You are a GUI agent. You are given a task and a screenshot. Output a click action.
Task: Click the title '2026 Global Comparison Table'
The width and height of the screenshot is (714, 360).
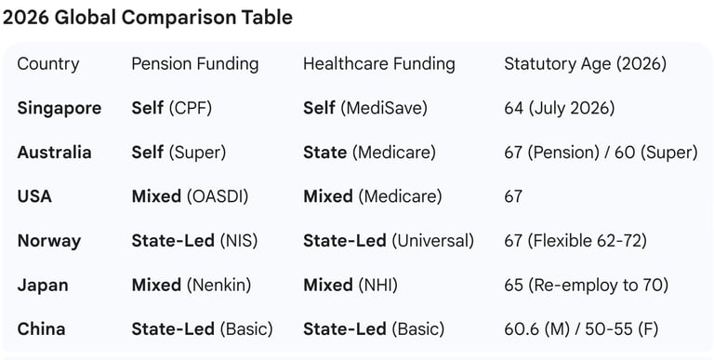click(148, 18)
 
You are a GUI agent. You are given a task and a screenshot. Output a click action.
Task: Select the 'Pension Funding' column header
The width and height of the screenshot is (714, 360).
click(195, 64)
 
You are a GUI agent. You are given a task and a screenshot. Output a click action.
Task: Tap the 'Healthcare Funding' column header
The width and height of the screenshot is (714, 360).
click(379, 64)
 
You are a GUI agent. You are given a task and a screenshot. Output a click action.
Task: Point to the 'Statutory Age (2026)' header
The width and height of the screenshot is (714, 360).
click(585, 64)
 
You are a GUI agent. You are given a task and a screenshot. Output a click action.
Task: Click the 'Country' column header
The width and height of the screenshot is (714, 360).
click(48, 64)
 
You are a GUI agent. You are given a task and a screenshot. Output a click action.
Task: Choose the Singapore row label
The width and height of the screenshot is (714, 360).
click(59, 108)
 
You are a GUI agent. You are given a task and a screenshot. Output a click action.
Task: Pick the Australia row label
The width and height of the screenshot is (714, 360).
click(55, 153)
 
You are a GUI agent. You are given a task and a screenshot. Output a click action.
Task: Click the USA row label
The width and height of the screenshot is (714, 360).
click(34, 196)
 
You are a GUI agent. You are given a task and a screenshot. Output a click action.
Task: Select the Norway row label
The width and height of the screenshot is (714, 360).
click(49, 241)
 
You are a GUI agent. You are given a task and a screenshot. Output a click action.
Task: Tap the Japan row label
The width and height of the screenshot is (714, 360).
click(43, 285)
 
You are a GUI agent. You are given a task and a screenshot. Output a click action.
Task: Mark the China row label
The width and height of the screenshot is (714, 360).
click(42, 329)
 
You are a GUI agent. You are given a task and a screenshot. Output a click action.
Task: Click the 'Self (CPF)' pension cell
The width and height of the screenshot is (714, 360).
click(172, 108)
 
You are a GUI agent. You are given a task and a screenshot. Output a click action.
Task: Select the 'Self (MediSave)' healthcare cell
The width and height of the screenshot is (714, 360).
click(365, 108)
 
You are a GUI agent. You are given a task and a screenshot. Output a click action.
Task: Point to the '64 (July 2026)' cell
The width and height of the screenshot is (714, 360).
click(559, 108)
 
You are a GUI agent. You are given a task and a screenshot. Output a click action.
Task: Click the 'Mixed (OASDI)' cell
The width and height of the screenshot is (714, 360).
click(190, 196)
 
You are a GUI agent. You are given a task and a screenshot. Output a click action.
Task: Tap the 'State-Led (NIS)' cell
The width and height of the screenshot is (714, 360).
click(194, 241)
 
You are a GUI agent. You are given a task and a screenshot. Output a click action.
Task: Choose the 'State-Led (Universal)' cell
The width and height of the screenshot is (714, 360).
click(389, 241)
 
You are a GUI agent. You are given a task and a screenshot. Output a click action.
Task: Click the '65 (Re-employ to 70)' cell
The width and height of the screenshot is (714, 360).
click(586, 285)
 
